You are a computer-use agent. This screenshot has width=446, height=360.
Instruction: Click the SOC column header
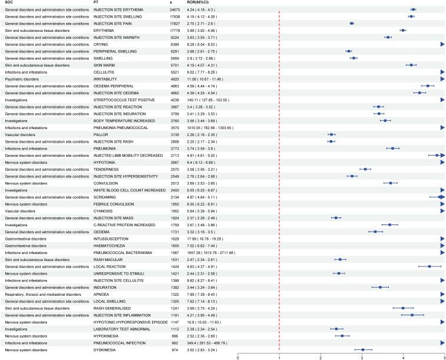click(x=9, y=3)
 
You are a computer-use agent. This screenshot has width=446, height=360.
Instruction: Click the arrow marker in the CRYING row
click(x=442, y=44)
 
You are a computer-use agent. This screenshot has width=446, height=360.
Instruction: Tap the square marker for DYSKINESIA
click(x=363, y=349)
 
